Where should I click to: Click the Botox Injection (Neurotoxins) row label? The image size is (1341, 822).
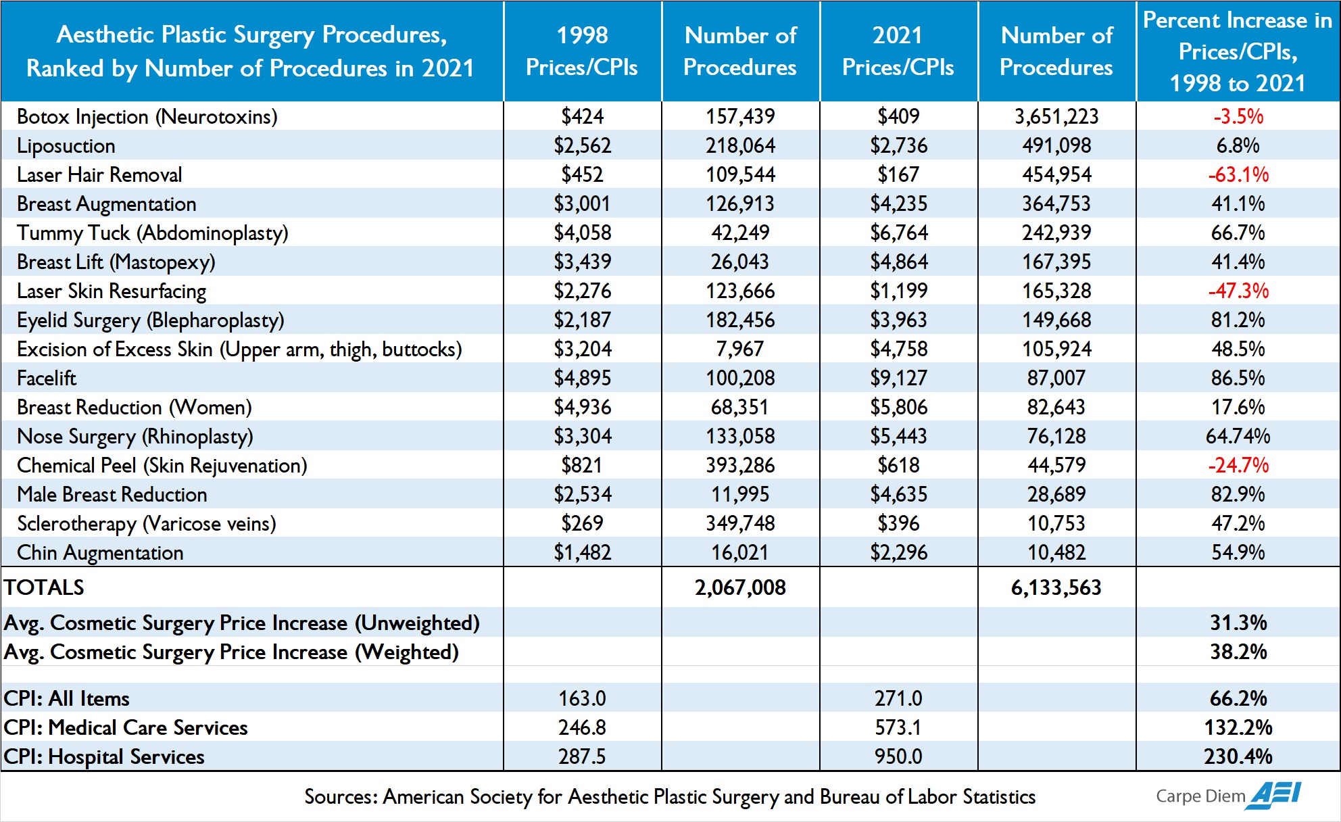pyautogui.click(x=147, y=117)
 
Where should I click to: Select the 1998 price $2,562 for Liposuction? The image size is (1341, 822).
pyautogui.click(x=582, y=145)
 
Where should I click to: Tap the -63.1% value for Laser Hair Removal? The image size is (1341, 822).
pyautogui.click(x=1238, y=174)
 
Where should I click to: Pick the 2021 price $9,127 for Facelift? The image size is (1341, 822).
pyautogui.click(x=898, y=378)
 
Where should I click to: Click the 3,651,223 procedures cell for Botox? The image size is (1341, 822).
pyautogui.click(x=1056, y=116)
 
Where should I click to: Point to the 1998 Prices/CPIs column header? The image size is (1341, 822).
pyautogui.click(x=582, y=51)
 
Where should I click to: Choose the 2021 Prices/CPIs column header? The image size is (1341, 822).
pyautogui.click(x=898, y=51)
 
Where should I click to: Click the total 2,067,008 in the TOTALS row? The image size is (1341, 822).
pyautogui.click(x=740, y=587)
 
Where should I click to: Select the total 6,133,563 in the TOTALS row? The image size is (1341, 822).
pyautogui.click(x=1056, y=587)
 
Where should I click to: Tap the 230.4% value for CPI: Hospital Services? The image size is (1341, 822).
pyautogui.click(x=1238, y=756)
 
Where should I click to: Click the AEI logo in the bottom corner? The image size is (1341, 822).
pyautogui.click(x=1275, y=795)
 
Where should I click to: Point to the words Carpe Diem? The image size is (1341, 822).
pyautogui.click(x=1200, y=796)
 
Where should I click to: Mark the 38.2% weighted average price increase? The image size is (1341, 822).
pyautogui.click(x=1238, y=652)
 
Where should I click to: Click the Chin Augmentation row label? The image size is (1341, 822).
pyautogui.click(x=100, y=553)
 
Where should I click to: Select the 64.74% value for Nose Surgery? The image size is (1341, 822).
pyautogui.click(x=1238, y=436)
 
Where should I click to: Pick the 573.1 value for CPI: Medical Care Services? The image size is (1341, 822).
pyautogui.click(x=898, y=727)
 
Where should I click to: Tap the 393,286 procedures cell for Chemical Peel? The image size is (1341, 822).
pyautogui.click(x=740, y=465)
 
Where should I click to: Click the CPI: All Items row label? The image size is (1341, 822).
pyautogui.click(x=66, y=698)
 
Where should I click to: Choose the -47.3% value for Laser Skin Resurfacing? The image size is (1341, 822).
pyautogui.click(x=1238, y=291)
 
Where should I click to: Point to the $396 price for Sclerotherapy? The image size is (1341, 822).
pyautogui.click(x=898, y=523)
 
